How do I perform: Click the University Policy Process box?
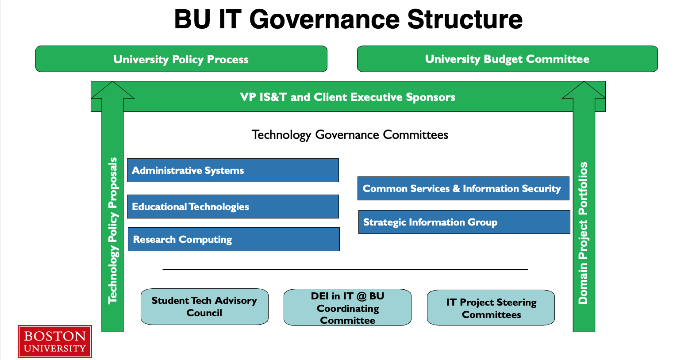tap(181, 59)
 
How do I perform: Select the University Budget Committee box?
tap(508, 59)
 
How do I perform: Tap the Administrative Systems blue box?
tap(233, 170)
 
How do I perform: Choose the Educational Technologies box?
tap(233, 207)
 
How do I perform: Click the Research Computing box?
tap(234, 239)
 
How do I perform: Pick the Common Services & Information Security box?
tap(463, 188)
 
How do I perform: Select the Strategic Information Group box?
tap(464, 222)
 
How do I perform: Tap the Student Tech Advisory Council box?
tap(204, 307)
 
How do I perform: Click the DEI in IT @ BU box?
tap(347, 307)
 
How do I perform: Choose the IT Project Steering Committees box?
tap(491, 308)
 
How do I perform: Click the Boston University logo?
tap(55, 342)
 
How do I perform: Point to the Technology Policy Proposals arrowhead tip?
tap(112, 82)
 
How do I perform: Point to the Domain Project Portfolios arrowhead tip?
tap(584, 82)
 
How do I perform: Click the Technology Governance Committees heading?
tap(350, 135)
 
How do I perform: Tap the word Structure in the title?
tap(465, 19)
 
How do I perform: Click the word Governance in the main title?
tap(324, 19)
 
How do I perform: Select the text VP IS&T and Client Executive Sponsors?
tap(348, 97)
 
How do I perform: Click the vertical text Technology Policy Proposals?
tap(113, 231)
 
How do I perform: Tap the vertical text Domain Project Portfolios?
tap(583, 233)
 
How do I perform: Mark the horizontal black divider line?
tap(345, 269)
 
